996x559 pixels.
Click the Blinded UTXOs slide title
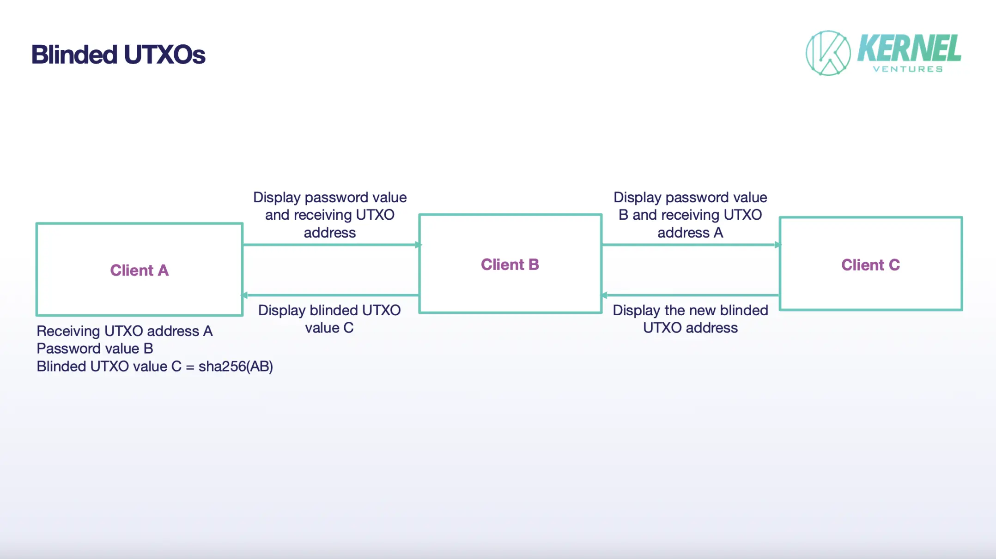(118, 54)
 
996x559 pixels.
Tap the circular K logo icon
(828, 53)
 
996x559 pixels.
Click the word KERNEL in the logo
(909, 48)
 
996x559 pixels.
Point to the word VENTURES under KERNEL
(908, 69)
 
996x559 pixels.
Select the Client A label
(139, 270)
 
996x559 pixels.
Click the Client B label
(510, 264)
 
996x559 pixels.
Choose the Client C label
(870, 265)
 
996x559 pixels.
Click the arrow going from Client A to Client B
(330, 245)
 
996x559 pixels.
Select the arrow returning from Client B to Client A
(330, 295)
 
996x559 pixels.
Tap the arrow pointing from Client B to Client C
(691, 245)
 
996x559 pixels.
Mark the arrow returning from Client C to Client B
(691, 295)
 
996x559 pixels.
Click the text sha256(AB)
(236, 367)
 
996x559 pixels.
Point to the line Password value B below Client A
(95, 349)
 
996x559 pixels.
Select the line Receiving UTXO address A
(125, 331)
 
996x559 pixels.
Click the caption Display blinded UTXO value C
(329, 319)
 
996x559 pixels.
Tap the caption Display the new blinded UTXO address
(690, 319)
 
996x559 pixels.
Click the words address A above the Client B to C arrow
(690, 233)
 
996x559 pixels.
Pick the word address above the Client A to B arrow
(329, 233)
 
